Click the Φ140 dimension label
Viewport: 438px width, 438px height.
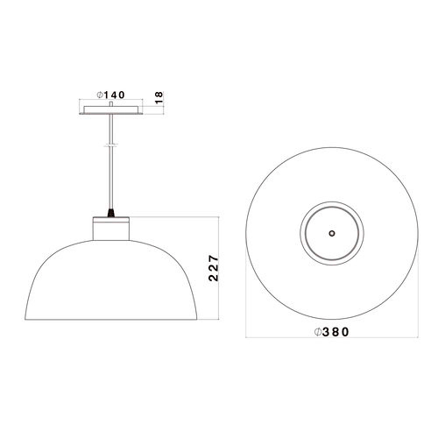coord(111,95)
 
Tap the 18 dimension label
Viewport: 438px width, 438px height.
coord(159,98)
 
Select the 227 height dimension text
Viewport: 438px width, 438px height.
coord(214,268)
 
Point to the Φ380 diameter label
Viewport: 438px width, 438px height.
coord(331,332)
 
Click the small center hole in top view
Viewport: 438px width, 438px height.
coord(332,233)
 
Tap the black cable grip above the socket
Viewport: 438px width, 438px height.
coord(110,213)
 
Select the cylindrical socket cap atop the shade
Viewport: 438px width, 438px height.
coord(111,229)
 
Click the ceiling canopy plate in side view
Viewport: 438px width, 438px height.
coord(111,109)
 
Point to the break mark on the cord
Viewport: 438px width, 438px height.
coord(110,145)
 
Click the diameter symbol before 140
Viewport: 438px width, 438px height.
coord(100,95)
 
